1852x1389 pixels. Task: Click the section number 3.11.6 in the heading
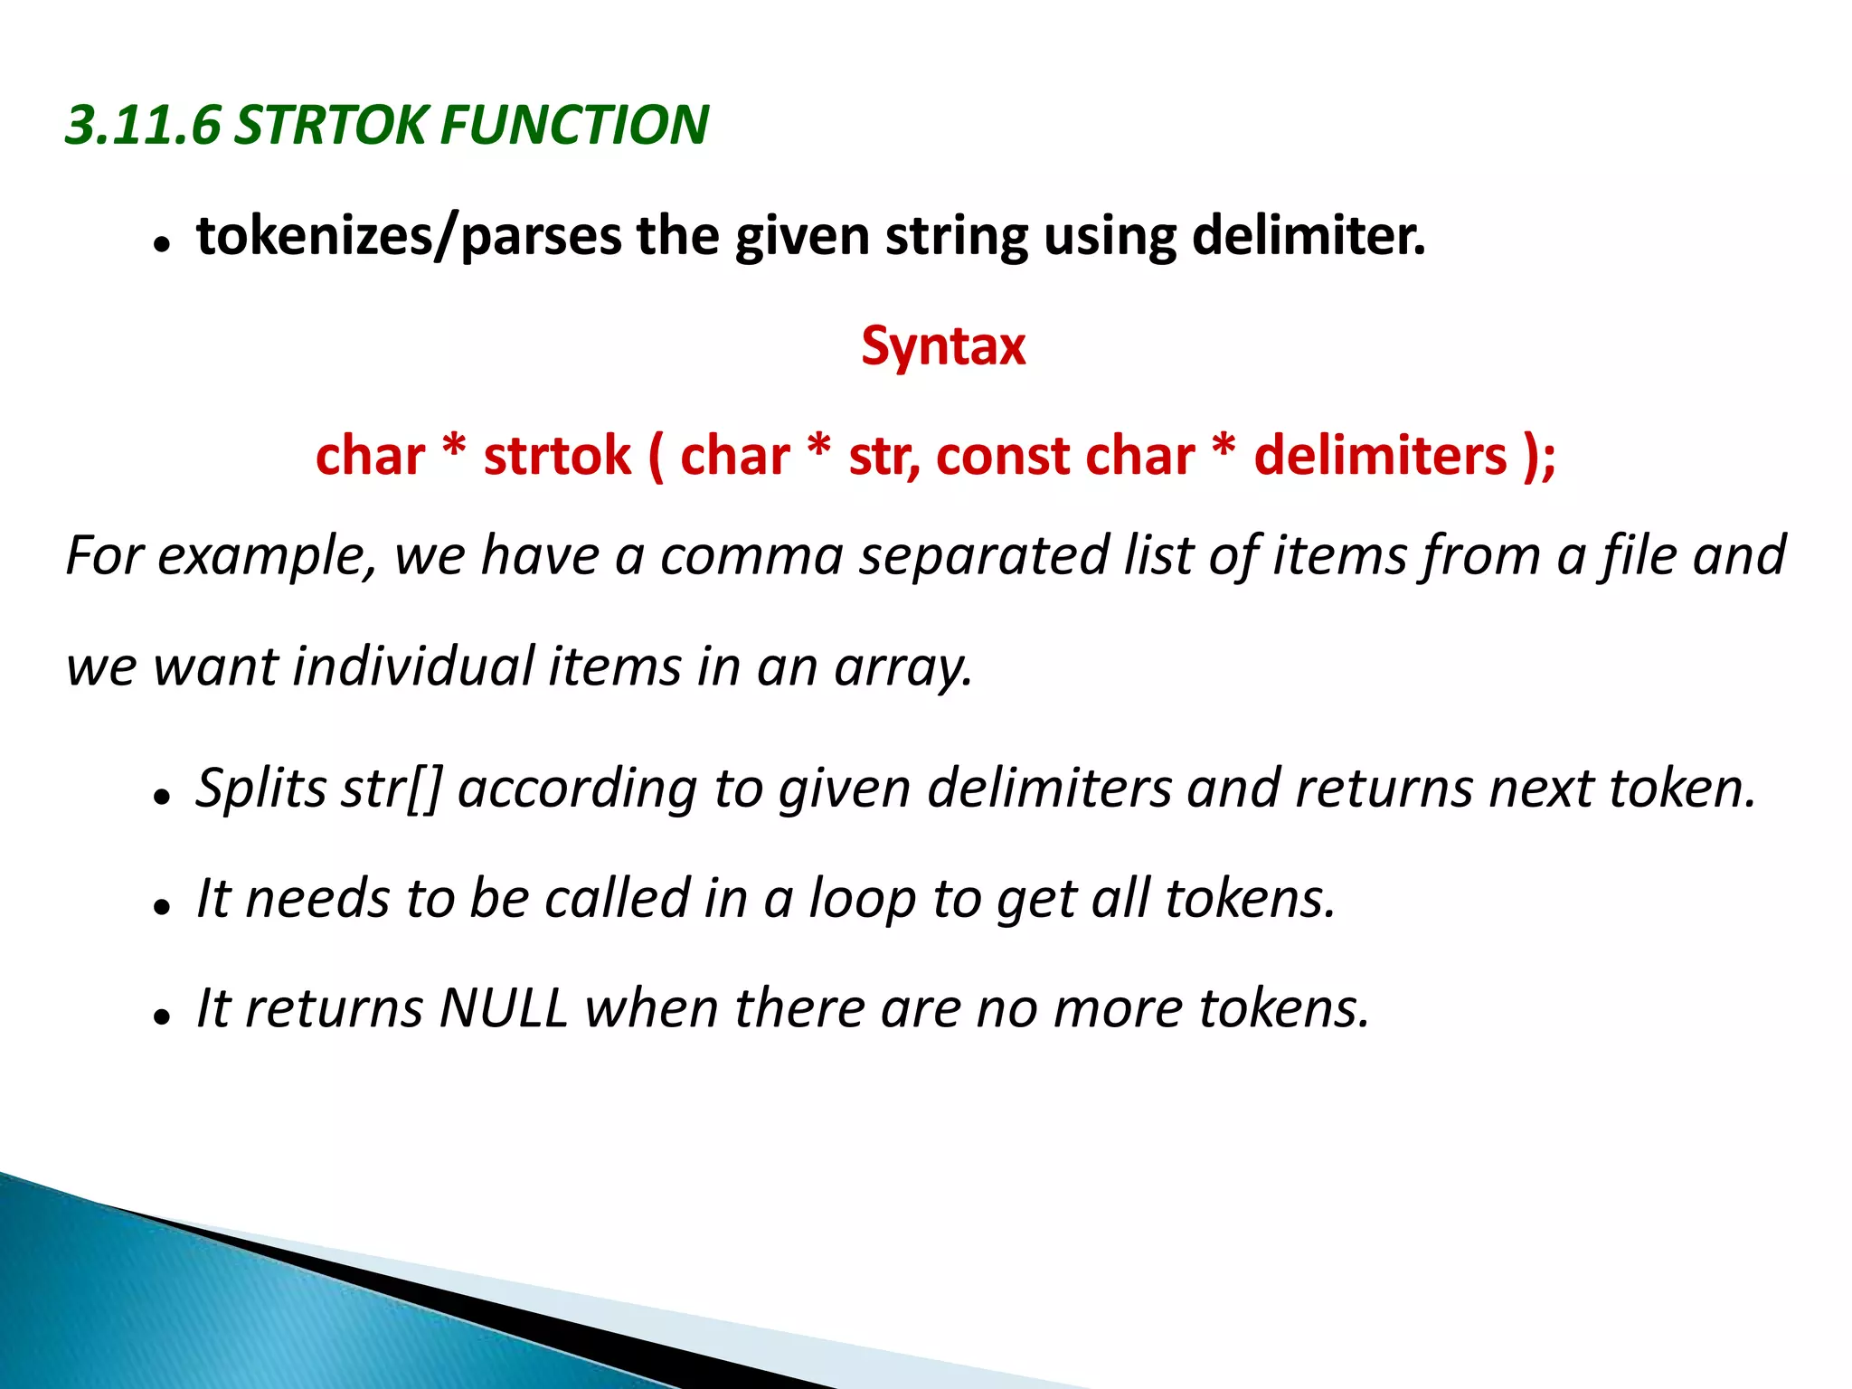143,125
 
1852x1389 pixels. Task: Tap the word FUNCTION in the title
573,125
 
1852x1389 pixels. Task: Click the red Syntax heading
943,345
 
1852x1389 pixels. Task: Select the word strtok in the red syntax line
557,455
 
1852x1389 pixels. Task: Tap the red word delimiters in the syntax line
1380,455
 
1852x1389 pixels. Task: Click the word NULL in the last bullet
503,1008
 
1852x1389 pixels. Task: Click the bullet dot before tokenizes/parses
162,245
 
